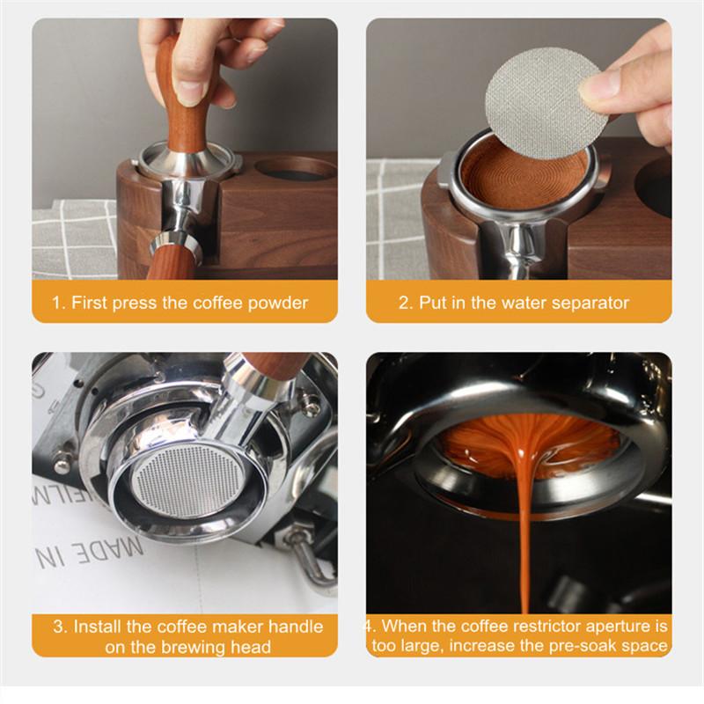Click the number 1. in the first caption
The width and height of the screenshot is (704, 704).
(x=58, y=304)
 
